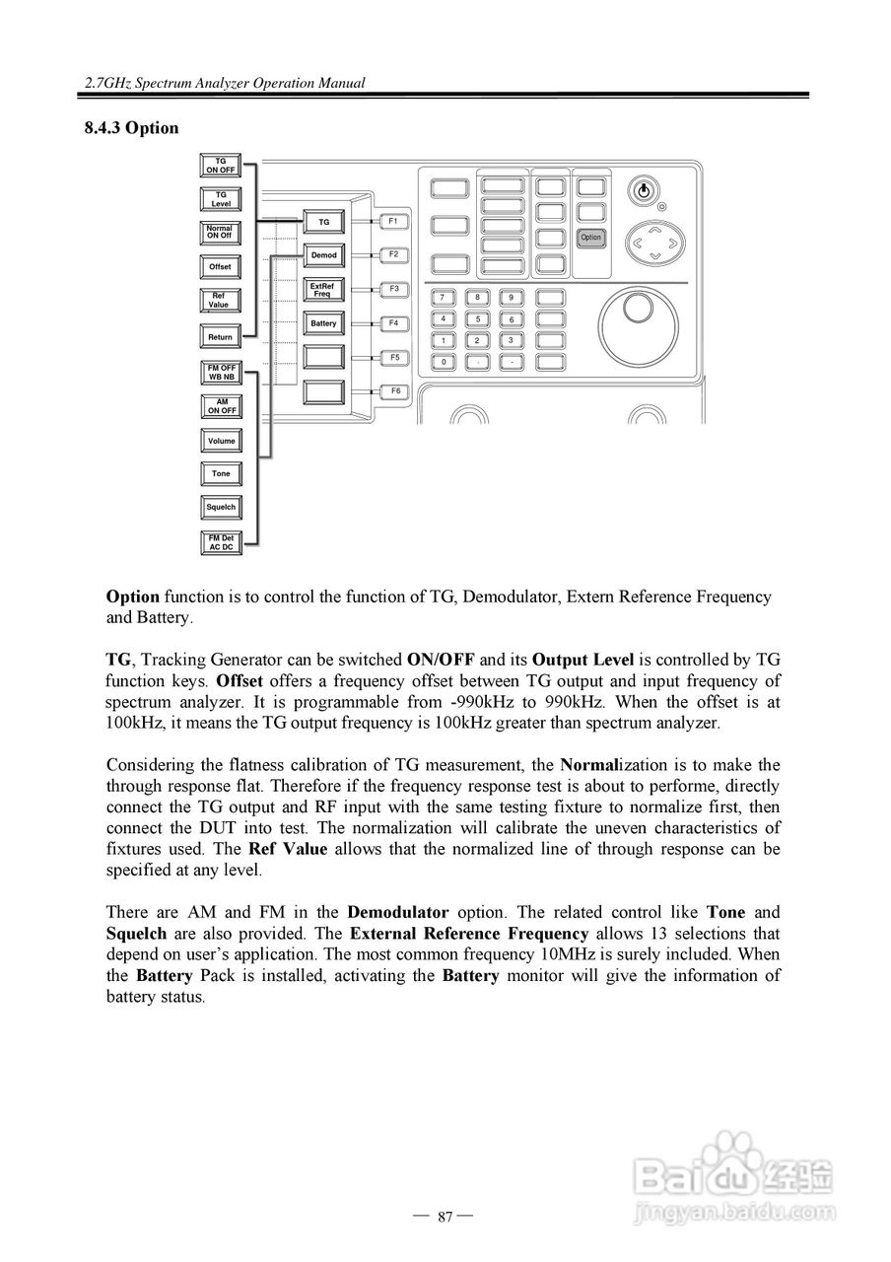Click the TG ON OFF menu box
tap(221, 166)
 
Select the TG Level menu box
tap(221, 200)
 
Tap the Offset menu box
tap(221, 267)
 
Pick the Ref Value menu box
tap(221, 301)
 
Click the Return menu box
tap(221, 337)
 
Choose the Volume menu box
tap(221, 441)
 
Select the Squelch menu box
tap(221, 508)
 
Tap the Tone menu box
tap(221, 474)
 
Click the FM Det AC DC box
tap(221, 542)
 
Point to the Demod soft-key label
tap(323, 255)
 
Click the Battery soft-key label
tap(323, 323)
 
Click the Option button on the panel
tap(590, 238)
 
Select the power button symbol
tap(644, 190)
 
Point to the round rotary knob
tap(638, 308)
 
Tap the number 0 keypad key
tap(444, 362)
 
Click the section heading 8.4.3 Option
tap(131, 128)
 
